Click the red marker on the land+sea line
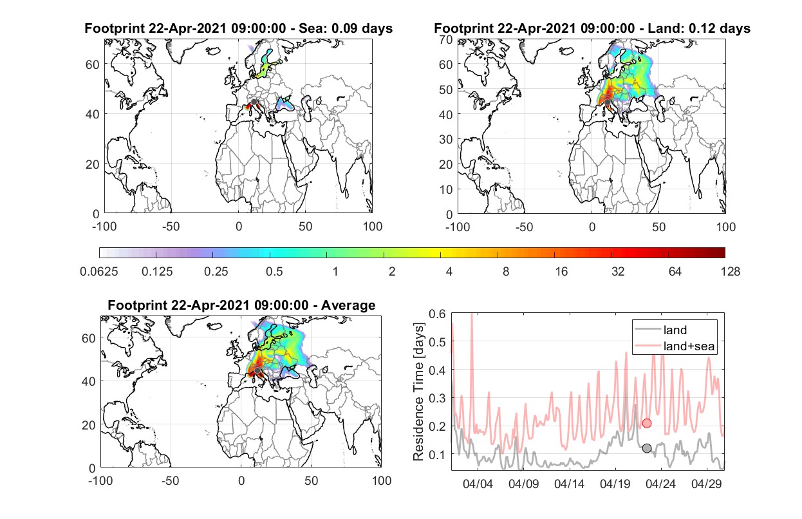(x=647, y=423)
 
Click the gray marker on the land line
(x=647, y=448)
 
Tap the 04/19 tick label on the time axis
(x=615, y=484)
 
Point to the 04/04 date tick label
(x=478, y=484)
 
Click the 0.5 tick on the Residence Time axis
(x=437, y=342)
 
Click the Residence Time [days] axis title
(x=418, y=392)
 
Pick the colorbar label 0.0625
(x=99, y=272)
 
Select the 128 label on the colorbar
(x=730, y=272)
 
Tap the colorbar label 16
(x=561, y=272)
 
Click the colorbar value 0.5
(x=274, y=272)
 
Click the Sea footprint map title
(x=238, y=28)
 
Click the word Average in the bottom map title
(x=348, y=305)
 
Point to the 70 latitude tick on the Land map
(x=446, y=39)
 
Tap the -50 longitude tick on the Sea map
(x=171, y=227)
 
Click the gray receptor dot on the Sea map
(x=254, y=102)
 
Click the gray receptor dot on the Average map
(x=257, y=370)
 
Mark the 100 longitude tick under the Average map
(x=382, y=480)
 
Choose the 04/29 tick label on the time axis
(x=706, y=484)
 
